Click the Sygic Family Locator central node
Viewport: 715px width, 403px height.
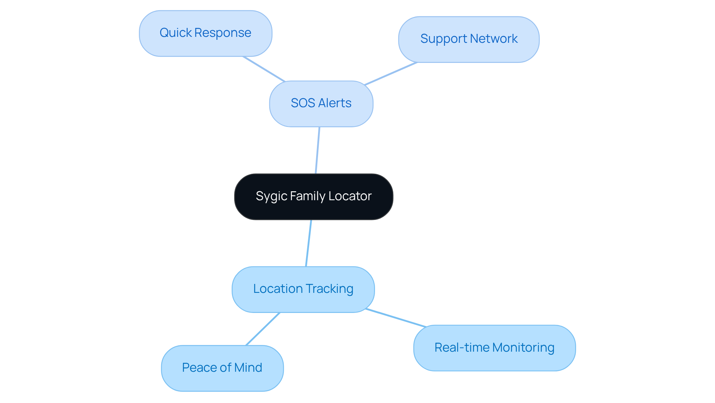(314, 196)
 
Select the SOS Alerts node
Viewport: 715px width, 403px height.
(321, 103)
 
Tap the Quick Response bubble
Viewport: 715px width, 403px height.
(205, 33)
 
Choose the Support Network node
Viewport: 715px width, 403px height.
(468, 39)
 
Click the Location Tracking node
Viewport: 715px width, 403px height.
(303, 289)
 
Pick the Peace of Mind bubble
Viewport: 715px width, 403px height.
(222, 368)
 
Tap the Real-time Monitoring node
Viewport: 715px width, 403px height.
(494, 348)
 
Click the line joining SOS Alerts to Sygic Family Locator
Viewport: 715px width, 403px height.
(318, 150)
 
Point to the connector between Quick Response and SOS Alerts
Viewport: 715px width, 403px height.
(264, 69)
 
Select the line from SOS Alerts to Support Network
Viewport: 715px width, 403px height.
(391, 74)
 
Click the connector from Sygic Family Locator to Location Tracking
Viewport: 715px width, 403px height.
(309, 243)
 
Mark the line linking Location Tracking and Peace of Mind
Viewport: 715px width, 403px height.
(263, 329)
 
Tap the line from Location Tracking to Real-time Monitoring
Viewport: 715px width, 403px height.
(396, 318)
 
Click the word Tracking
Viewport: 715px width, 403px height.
(329, 289)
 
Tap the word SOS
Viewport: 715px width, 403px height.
(303, 103)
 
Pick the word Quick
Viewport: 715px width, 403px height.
(175, 33)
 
